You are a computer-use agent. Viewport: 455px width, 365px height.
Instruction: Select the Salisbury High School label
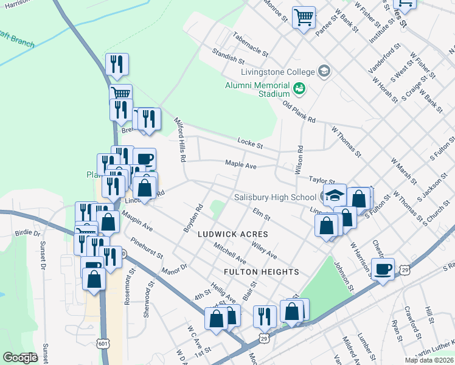[x=275, y=197]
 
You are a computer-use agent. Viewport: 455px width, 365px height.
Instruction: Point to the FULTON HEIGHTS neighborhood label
[x=261, y=271]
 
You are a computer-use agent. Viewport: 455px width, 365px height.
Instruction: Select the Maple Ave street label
[x=241, y=164]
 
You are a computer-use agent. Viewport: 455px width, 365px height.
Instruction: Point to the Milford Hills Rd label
[x=180, y=139]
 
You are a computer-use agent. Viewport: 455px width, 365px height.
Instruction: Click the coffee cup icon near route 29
[x=383, y=269]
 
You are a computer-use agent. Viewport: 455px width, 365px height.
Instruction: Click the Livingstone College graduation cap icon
[x=324, y=72]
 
